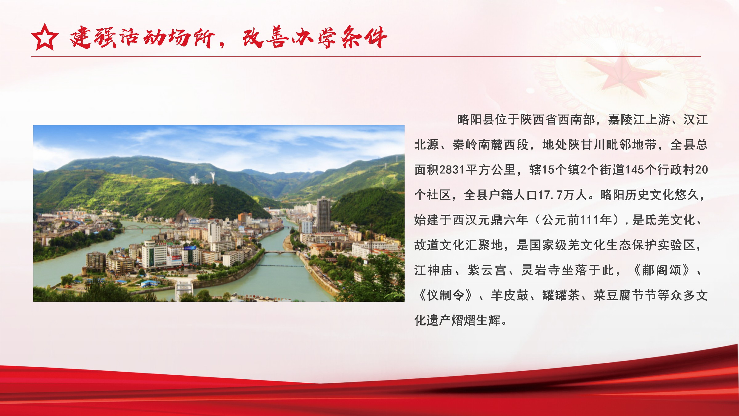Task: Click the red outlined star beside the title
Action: point(45,37)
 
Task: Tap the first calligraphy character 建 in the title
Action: point(81,37)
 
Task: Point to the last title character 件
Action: point(376,37)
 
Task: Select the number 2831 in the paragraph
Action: point(452,170)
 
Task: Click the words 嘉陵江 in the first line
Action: point(627,120)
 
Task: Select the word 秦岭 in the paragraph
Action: point(465,145)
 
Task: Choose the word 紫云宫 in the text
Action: point(487,270)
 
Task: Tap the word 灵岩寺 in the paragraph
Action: point(540,270)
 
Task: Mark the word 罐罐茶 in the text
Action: point(561,296)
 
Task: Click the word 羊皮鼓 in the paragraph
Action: point(510,296)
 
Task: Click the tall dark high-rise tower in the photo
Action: point(323,214)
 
